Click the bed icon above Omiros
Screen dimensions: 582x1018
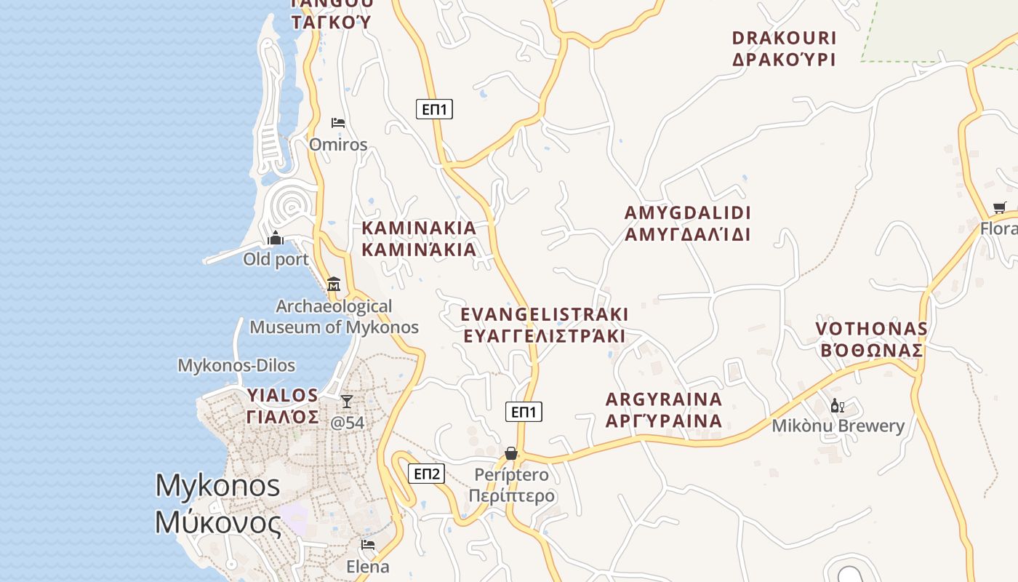point(337,122)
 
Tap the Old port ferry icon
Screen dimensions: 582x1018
point(276,238)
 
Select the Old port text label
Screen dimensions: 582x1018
point(276,259)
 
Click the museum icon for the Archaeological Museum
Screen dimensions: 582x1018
point(334,284)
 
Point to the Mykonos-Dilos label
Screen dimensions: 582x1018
point(236,365)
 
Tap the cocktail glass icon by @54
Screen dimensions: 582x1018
point(347,401)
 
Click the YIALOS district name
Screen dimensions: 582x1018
point(282,406)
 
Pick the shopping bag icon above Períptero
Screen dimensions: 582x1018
point(511,453)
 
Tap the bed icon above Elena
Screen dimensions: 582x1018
point(368,544)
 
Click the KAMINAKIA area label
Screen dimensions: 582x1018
point(419,239)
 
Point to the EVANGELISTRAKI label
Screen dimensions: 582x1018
point(545,324)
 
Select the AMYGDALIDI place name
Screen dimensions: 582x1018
point(687,223)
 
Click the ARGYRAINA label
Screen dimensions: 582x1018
point(664,410)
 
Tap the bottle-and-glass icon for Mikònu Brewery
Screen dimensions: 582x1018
point(837,406)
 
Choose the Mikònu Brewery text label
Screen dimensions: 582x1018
point(838,426)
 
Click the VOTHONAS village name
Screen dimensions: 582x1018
point(871,339)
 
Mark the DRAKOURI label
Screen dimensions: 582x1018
point(784,48)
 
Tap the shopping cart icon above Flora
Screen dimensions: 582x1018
point(1000,207)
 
